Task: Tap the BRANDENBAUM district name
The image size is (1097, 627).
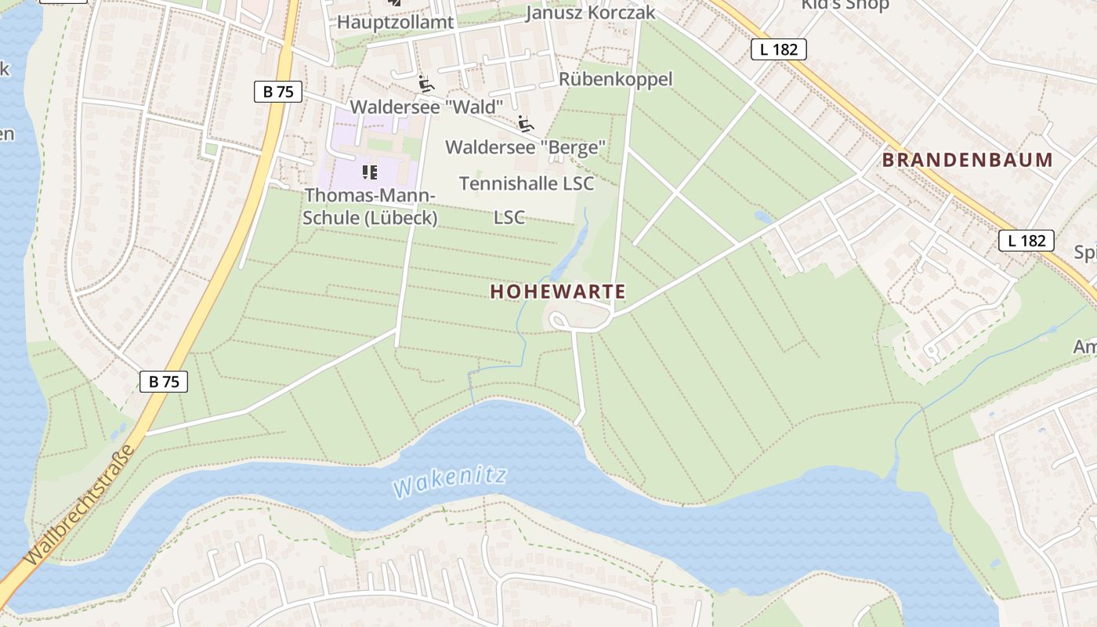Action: pos(968,160)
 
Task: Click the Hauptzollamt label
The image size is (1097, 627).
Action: pos(395,22)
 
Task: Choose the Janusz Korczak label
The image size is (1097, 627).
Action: pos(590,13)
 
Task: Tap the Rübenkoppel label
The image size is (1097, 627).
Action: pos(615,79)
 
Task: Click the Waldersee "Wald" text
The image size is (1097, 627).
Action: pos(425,106)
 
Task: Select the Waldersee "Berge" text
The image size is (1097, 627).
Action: pos(525,147)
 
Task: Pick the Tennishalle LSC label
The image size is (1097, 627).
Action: pos(527,183)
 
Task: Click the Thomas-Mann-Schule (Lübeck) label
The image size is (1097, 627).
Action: pos(370,206)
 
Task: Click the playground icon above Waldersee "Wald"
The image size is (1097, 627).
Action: pos(425,84)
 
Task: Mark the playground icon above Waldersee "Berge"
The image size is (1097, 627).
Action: pos(525,124)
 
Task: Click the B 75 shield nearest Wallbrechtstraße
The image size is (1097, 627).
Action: pos(164,382)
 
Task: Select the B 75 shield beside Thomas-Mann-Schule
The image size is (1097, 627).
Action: pos(278,92)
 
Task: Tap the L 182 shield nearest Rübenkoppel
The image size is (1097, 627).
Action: pos(778,49)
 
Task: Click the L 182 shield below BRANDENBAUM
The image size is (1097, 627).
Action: pos(1026,241)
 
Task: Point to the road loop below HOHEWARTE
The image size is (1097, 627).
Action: pos(559,321)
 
